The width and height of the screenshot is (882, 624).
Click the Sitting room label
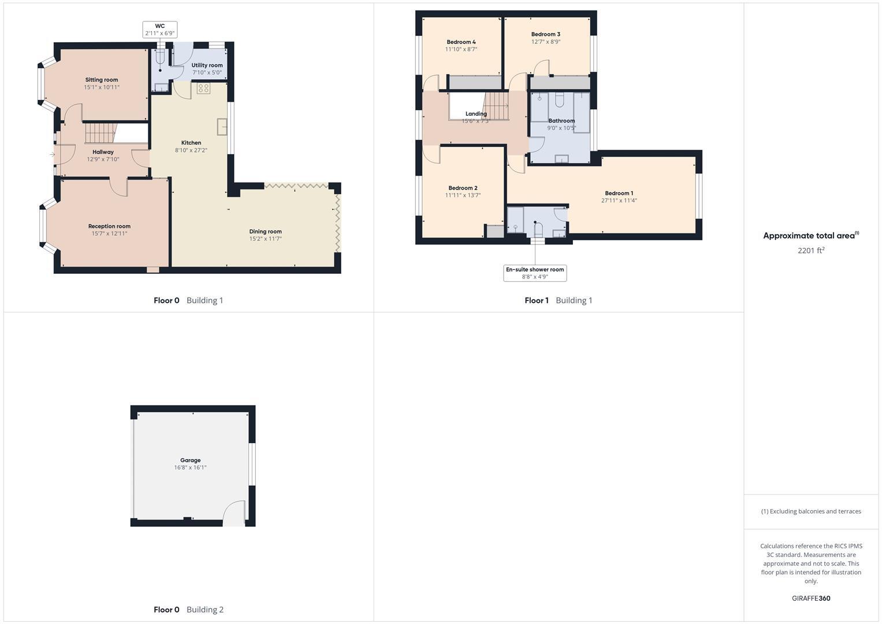pos(102,80)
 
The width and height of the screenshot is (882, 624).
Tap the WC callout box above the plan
pos(160,30)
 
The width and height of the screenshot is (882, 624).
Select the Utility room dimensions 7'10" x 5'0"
pos(207,73)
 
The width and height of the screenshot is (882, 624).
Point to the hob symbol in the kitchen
pos(203,88)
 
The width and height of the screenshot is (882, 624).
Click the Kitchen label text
pos(191,143)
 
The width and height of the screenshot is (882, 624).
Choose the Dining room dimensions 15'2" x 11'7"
pos(266,239)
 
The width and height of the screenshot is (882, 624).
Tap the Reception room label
pos(109,226)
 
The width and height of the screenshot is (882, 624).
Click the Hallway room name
pos(103,152)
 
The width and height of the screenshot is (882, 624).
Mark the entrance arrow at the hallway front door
pos(52,154)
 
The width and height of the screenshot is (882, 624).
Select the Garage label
pos(190,460)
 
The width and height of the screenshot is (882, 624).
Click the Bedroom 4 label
pos(461,42)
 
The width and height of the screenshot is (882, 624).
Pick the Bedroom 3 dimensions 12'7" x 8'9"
pos(546,42)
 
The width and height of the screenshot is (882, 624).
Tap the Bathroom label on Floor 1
pos(561,121)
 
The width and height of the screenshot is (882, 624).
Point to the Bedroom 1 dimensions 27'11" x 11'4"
pos(619,201)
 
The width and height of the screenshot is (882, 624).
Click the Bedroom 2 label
pos(463,188)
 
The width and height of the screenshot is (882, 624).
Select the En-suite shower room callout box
pos(535,273)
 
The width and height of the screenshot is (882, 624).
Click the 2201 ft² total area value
pos(810,251)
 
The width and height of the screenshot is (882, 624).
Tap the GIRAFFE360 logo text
pos(811,599)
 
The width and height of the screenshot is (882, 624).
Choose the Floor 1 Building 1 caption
pos(558,300)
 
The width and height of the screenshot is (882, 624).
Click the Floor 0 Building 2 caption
pos(188,610)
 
